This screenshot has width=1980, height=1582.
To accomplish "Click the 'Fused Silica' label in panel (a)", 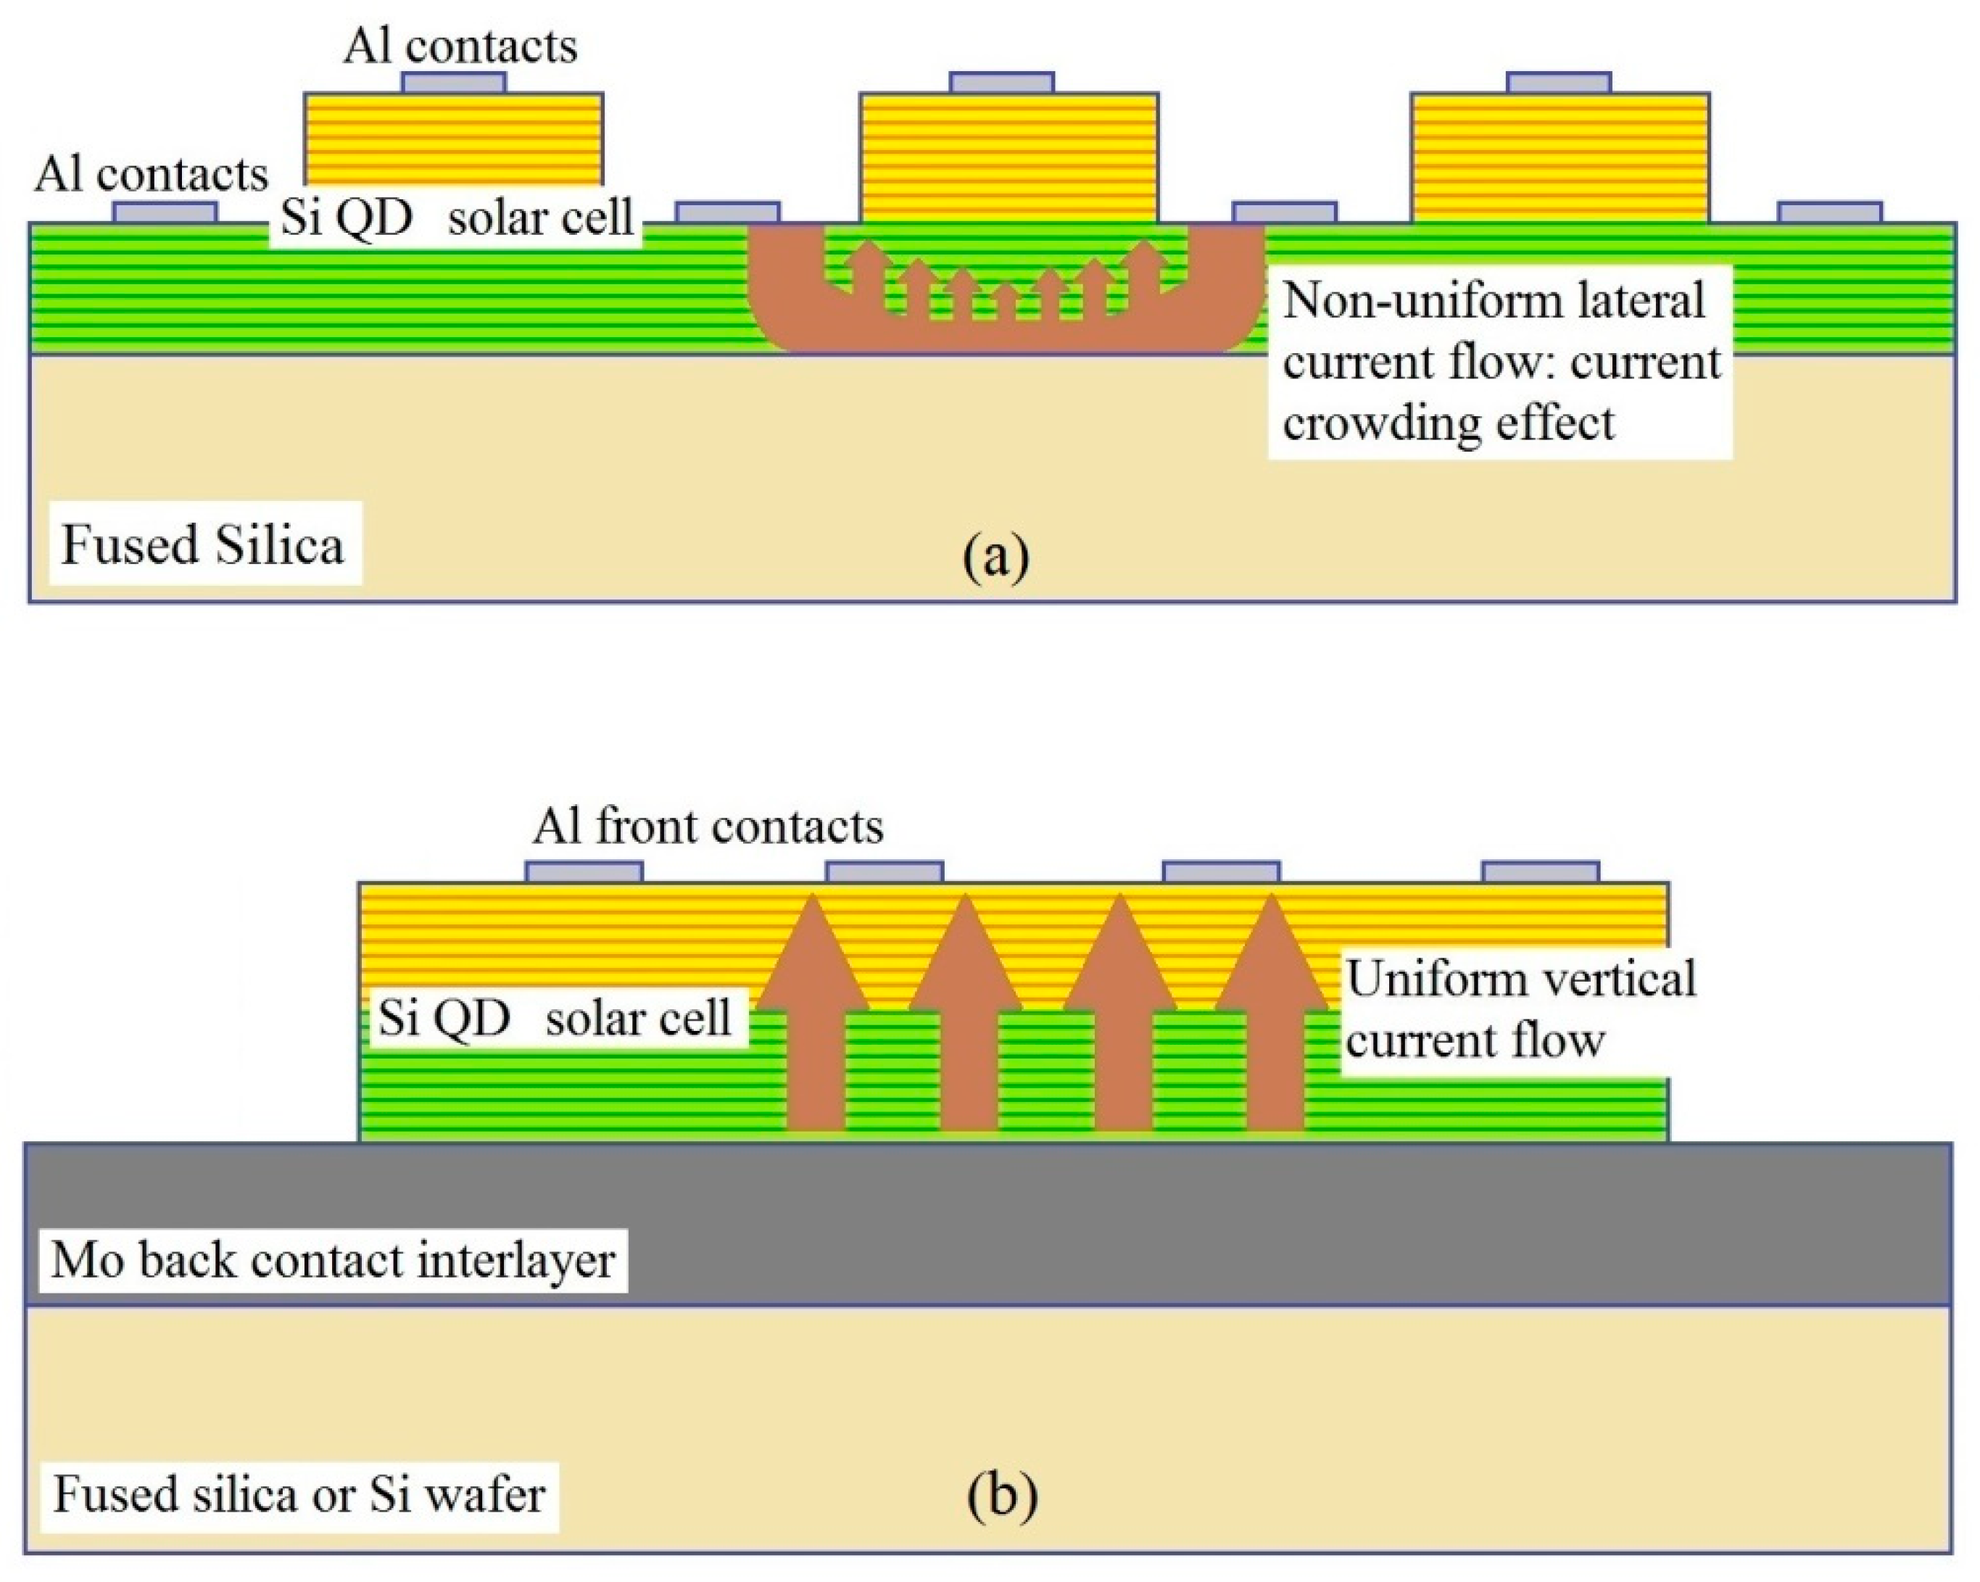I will [x=203, y=544].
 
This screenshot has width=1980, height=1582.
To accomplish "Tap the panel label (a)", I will [x=996, y=558].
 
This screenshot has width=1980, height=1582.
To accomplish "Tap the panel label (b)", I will [x=1002, y=1496].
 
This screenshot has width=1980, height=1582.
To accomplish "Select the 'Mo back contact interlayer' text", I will [x=333, y=1259].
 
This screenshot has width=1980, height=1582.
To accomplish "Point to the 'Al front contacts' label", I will [x=707, y=827].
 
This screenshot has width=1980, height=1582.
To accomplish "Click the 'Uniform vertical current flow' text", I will [x=1520, y=1009].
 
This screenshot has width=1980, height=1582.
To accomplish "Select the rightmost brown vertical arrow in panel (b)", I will [x=1273, y=1019].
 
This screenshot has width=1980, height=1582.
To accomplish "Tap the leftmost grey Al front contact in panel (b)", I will [x=584, y=871].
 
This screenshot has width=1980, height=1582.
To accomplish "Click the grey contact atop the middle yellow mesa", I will [x=1002, y=83].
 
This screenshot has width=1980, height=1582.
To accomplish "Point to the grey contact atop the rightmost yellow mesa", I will [x=1559, y=83].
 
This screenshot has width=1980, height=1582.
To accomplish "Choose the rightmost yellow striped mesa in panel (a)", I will [x=1559, y=158].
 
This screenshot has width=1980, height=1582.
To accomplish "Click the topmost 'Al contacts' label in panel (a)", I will [x=460, y=46].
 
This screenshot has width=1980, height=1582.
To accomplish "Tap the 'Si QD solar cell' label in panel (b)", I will [x=555, y=1018].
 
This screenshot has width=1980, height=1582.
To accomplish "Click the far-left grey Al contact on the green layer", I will [x=165, y=213].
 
